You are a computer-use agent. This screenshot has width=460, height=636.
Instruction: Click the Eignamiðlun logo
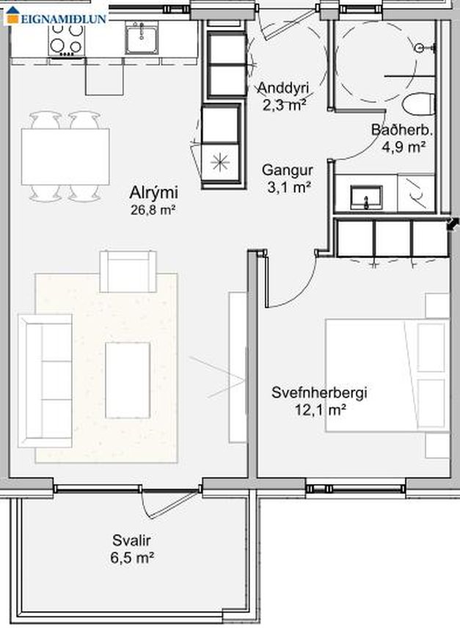56,15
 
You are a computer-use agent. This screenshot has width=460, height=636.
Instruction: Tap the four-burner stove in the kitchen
66,40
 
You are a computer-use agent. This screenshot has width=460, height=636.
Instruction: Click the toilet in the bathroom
417,103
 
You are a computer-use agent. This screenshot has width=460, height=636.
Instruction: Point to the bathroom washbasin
366,197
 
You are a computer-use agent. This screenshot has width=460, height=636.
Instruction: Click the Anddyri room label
283,87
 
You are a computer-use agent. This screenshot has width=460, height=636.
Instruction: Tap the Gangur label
287,170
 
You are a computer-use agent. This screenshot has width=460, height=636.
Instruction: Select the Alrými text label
153,192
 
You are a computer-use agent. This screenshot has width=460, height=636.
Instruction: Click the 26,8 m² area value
153,210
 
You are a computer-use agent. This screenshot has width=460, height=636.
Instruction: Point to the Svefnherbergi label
319,392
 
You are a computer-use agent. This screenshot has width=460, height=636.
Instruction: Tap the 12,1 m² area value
320,410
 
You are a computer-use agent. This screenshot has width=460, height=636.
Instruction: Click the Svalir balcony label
131,541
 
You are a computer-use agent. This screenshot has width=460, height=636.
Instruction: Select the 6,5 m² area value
132,558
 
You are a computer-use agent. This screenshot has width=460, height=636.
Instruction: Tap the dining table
65,156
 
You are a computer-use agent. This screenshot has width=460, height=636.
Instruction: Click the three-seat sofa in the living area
45,381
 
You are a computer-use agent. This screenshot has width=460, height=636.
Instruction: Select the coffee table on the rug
128,380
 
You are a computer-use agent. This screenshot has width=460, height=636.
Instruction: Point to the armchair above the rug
128,271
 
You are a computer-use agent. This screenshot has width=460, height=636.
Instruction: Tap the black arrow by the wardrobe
453,224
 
